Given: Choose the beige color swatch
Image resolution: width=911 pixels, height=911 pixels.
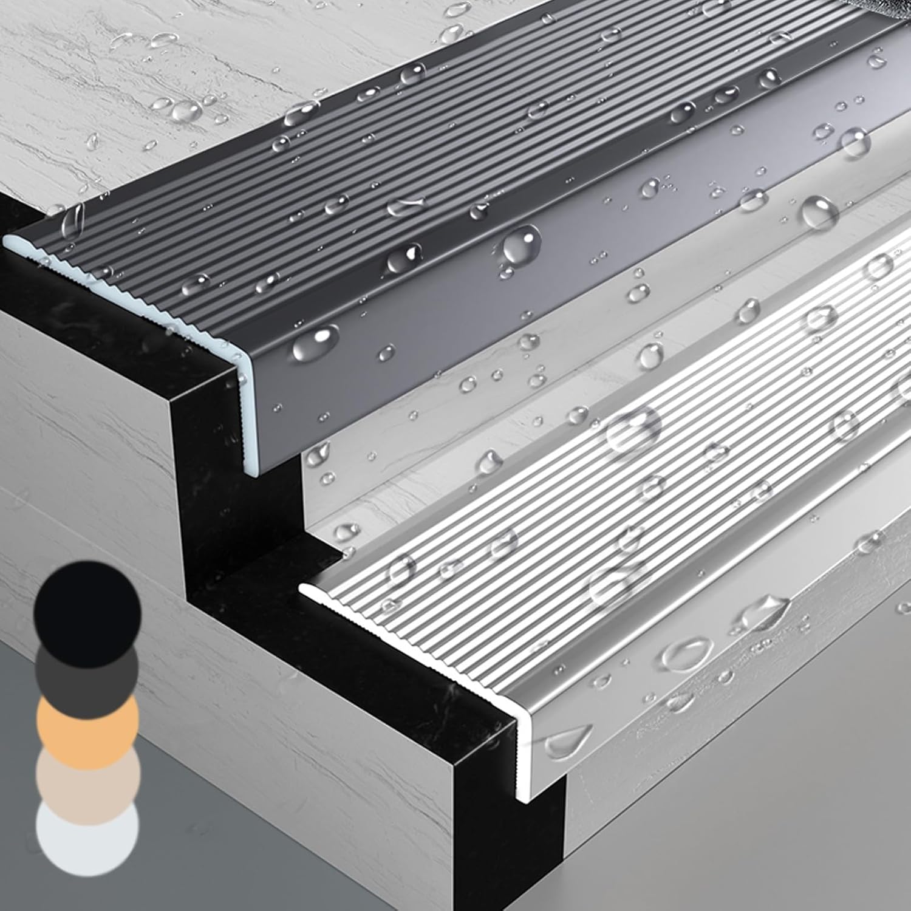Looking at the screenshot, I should point(88,780).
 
